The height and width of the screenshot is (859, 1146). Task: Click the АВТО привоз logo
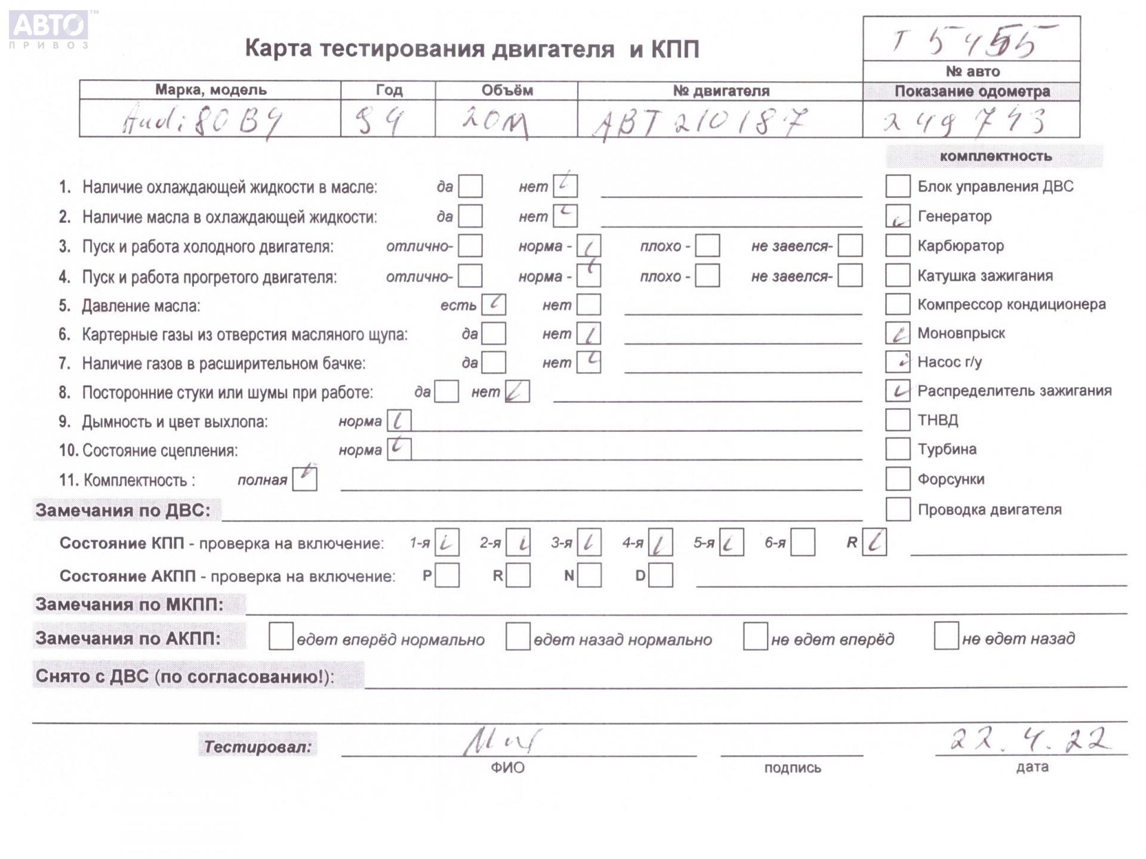tap(49, 29)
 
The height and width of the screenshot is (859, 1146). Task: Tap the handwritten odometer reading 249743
tap(965, 122)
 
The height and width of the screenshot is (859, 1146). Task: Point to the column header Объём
tap(507, 91)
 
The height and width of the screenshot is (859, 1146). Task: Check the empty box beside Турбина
tap(897, 449)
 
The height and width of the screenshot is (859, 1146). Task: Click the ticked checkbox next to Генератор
tap(897, 216)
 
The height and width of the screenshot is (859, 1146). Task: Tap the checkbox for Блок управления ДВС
tap(897, 186)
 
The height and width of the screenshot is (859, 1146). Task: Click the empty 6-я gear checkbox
tap(802, 543)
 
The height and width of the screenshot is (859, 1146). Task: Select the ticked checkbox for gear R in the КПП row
tap(874, 542)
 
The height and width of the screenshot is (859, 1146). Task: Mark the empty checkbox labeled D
tap(660, 576)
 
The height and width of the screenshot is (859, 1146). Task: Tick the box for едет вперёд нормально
tap(281, 636)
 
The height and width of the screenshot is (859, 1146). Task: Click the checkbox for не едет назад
tap(945, 636)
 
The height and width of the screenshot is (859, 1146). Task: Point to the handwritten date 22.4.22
tap(1030, 741)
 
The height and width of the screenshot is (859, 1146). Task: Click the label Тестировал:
tap(258, 747)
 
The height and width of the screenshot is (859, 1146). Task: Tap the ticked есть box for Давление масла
tap(494, 305)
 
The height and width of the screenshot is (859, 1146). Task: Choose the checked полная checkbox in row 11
tap(304, 478)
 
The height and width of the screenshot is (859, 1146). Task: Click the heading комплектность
tap(996, 156)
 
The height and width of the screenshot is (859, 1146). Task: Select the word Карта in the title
tap(278, 49)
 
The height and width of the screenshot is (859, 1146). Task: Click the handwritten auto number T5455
tap(971, 41)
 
